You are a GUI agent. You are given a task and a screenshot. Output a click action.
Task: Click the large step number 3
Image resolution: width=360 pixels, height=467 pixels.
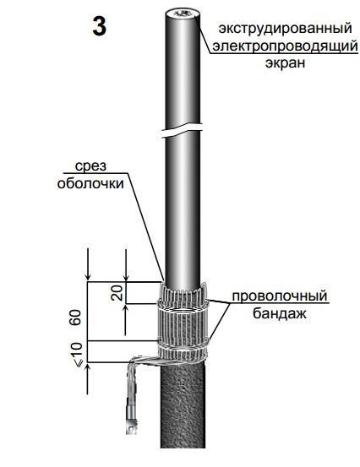click(99, 26)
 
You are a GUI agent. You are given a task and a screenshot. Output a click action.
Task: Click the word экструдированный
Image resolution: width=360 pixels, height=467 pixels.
click(285, 29)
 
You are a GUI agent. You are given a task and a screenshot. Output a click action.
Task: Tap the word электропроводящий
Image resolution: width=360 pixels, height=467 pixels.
click(284, 46)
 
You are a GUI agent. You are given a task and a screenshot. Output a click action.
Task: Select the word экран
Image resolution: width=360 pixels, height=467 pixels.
click(285, 63)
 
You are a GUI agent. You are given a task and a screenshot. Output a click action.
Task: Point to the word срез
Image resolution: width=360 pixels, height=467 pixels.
click(90, 166)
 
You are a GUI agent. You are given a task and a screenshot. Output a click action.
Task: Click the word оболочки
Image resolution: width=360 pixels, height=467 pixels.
click(90, 183)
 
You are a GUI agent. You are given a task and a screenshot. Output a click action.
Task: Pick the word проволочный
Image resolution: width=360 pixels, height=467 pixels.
click(279, 296)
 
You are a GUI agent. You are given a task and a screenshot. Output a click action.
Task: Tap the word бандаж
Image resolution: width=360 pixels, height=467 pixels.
click(279, 313)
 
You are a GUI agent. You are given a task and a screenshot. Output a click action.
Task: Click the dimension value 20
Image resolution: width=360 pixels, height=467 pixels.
click(117, 292)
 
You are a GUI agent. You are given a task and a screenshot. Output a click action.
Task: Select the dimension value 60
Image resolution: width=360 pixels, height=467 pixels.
click(75, 318)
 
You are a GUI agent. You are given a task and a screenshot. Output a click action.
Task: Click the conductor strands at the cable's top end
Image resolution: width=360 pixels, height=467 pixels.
click(182, 14)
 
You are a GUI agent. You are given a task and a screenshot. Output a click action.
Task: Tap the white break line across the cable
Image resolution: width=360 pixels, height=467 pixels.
click(182, 130)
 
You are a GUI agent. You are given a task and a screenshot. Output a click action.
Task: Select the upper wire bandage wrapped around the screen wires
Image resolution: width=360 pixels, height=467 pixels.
click(183, 307)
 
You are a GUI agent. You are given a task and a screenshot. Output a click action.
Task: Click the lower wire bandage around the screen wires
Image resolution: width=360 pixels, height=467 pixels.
click(183, 345)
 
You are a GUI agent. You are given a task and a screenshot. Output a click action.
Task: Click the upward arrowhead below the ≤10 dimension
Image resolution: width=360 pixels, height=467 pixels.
click(88, 368)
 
